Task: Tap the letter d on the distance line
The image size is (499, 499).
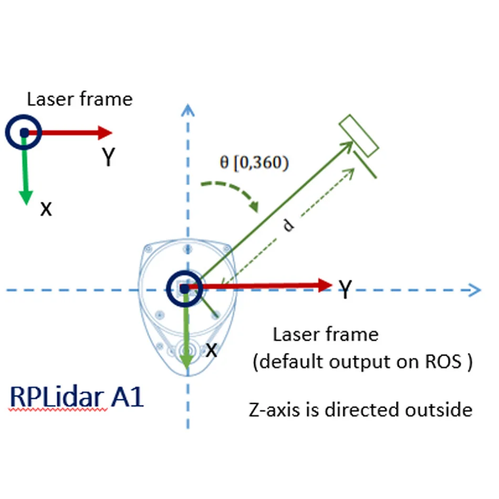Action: click(288, 225)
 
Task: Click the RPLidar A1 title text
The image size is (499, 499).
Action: click(77, 398)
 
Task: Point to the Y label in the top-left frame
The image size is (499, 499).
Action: click(108, 157)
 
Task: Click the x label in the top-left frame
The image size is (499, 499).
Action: click(47, 209)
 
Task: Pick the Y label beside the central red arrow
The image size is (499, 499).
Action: click(345, 289)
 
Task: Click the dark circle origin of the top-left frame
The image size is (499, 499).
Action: click(24, 132)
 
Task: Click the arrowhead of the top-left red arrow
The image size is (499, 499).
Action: click(105, 132)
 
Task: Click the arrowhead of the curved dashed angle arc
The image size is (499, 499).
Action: click(254, 206)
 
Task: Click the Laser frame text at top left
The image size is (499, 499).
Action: click(80, 99)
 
